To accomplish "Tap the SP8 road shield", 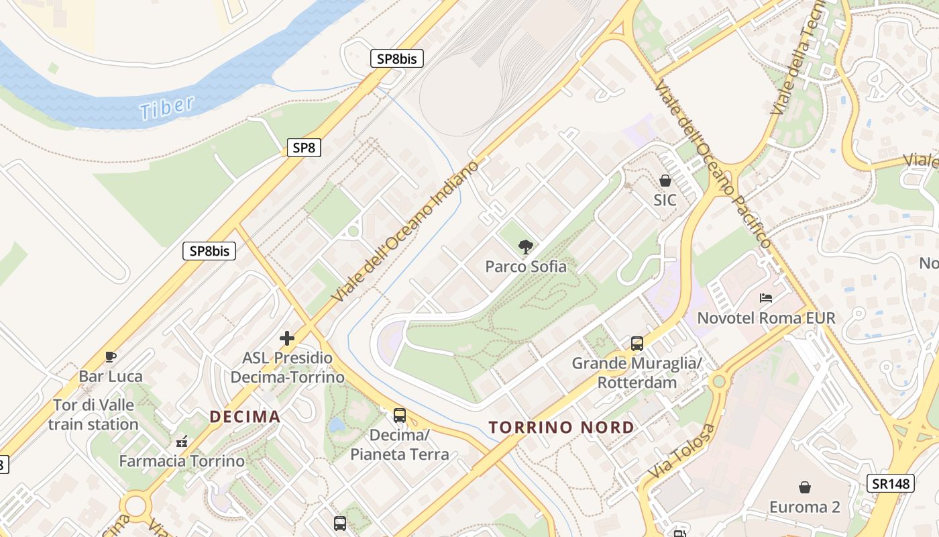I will (304, 148).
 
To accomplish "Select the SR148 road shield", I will (891, 483).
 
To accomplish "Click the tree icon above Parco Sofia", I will (526, 246).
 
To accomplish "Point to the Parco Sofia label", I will (526, 266).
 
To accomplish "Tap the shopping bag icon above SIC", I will (665, 181).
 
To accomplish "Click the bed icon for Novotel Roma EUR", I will (766, 297).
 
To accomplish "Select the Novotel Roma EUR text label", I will (767, 318).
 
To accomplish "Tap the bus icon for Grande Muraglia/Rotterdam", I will (637, 344).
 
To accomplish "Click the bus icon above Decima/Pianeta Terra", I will (400, 416).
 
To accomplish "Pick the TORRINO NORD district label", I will (561, 428).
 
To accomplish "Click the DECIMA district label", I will (245, 417).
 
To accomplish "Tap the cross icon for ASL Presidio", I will (287, 338).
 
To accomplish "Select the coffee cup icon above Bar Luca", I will (111, 356).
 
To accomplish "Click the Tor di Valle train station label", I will (93, 415).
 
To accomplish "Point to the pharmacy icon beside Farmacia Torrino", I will (181, 442).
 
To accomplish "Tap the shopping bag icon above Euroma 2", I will (804, 487).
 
